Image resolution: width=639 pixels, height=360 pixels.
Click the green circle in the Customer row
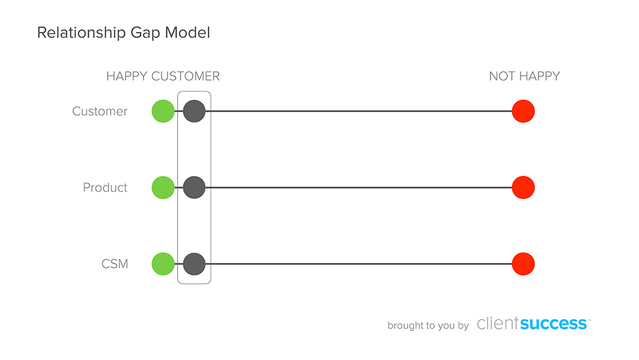(x=163, y=111)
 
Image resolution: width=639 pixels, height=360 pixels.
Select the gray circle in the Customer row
(x=194, y=111)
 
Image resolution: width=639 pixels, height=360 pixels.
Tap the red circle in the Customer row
(x=523, y=111)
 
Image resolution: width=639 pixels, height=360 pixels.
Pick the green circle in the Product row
(x=163, y=188)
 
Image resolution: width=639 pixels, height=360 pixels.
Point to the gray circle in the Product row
(x=194, y=188)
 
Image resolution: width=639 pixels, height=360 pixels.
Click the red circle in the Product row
(x=523, y=188)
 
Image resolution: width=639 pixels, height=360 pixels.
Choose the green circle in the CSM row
(x=163, y=263)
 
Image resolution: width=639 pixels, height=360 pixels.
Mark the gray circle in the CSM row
(x=194, y=263)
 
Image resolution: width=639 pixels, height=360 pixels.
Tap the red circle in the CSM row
(x=523, y=263)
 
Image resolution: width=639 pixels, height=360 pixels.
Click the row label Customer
(x=99, y=111)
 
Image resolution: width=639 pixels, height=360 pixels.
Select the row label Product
(x=105, y=188)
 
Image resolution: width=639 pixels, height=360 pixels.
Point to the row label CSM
(x=114, y=264)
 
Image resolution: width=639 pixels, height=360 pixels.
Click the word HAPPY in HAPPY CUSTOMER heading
(x=127, y=76)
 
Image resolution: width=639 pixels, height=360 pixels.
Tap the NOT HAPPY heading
(x=524, y=76)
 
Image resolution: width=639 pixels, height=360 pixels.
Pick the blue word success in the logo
(x=554, y=323)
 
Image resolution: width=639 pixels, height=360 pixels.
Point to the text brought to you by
(x=428, y=326)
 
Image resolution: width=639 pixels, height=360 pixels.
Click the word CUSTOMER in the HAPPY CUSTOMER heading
(x=185, y=76)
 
